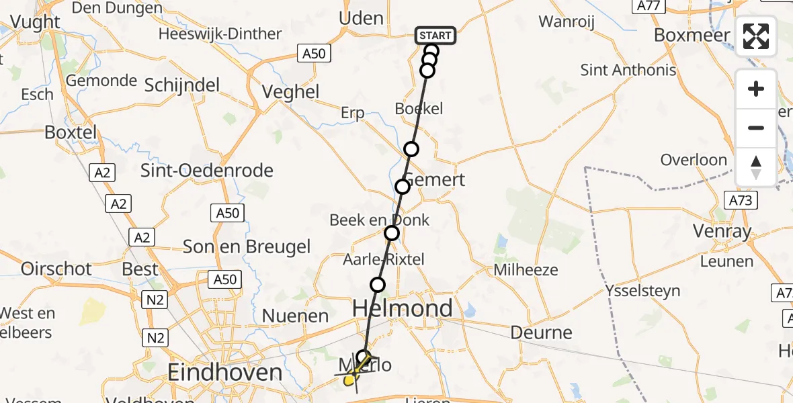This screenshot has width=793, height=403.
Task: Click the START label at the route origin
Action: click(435, 36)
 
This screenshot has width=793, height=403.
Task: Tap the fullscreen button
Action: click(756, 36)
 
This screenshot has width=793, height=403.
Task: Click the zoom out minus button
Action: click(756, 128)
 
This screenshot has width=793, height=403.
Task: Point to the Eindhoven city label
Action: click(224, 372)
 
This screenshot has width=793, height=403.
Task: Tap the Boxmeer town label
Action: click(692, 35)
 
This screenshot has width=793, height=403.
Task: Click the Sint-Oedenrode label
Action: click(207, 171)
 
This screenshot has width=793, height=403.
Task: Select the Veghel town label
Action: click(290, 91)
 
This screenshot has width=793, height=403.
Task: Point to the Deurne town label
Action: click(541, 332)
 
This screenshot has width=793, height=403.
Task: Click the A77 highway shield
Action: click(648, 6)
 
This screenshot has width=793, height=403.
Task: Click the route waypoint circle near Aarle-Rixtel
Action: click(378, 285)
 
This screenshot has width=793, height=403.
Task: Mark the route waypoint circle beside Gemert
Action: click(402, 186)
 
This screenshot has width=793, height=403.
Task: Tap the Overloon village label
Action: click(694, 160)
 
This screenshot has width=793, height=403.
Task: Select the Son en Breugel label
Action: click(247, 247)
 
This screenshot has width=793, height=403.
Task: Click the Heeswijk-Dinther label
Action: click(220, 34)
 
